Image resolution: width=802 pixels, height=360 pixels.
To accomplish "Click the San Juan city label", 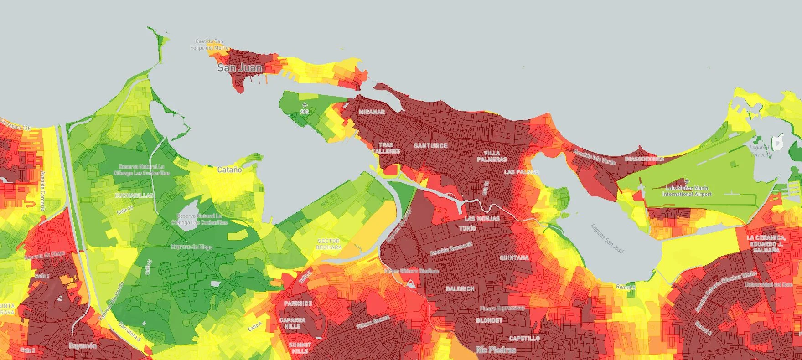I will (x=239, y=68).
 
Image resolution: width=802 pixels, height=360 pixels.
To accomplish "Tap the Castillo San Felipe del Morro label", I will (x=209, y=45).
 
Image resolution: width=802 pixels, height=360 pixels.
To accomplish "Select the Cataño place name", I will (x=229, y=170).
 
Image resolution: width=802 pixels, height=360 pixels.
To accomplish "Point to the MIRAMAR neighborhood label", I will (x=371, y=112).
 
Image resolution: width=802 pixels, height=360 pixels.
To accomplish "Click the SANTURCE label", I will (x=430, y=146).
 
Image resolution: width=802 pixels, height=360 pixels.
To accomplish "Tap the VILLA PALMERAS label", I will (x=492, y=156).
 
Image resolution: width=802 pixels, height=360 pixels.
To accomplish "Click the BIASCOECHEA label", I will (x=644, y=159).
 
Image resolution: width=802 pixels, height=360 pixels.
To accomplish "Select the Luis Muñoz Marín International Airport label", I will (x=687, y=191).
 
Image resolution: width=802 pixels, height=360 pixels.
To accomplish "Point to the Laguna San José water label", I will (x=607, y=238).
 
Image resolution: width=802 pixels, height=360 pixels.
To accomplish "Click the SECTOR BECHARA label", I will (x=328, y=244).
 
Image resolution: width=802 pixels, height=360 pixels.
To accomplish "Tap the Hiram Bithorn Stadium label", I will (x=411, y=271).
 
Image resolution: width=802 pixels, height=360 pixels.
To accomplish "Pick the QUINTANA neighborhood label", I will (x=514, y=258).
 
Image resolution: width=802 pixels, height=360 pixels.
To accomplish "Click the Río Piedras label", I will (x=495, y=350).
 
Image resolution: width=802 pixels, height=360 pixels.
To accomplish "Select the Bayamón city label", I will (x=83, y=346).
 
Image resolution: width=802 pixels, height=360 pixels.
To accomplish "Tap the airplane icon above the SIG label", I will (x=305, y=105).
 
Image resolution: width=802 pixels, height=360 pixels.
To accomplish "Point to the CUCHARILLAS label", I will (x=134, y=195).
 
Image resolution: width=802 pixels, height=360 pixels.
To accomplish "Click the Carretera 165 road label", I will (x=15, y=125).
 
